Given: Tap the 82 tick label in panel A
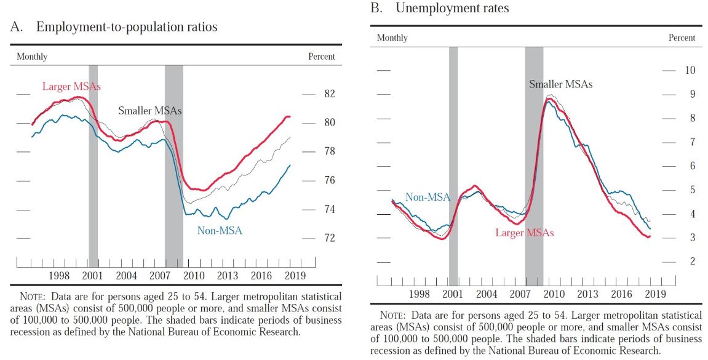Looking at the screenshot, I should point(330,94).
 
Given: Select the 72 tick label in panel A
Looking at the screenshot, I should point(330,238).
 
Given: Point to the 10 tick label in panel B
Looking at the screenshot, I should point(690,70).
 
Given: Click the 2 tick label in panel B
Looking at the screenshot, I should point(693,262).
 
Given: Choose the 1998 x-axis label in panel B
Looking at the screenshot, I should point(420,294).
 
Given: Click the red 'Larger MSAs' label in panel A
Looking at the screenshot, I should point(71,87).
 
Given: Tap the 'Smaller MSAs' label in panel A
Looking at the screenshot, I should point(149,111).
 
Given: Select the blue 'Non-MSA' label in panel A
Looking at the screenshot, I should point(220,231).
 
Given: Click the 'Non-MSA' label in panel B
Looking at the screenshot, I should point(428,197).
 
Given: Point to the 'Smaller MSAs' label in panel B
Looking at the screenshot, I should point(560,84).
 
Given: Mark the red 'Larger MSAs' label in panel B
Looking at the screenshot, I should point(525,233).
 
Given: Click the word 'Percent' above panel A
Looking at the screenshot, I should point(321,57).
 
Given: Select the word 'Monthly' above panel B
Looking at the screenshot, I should point(392,38).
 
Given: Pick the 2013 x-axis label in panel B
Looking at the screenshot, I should point(587,294).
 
